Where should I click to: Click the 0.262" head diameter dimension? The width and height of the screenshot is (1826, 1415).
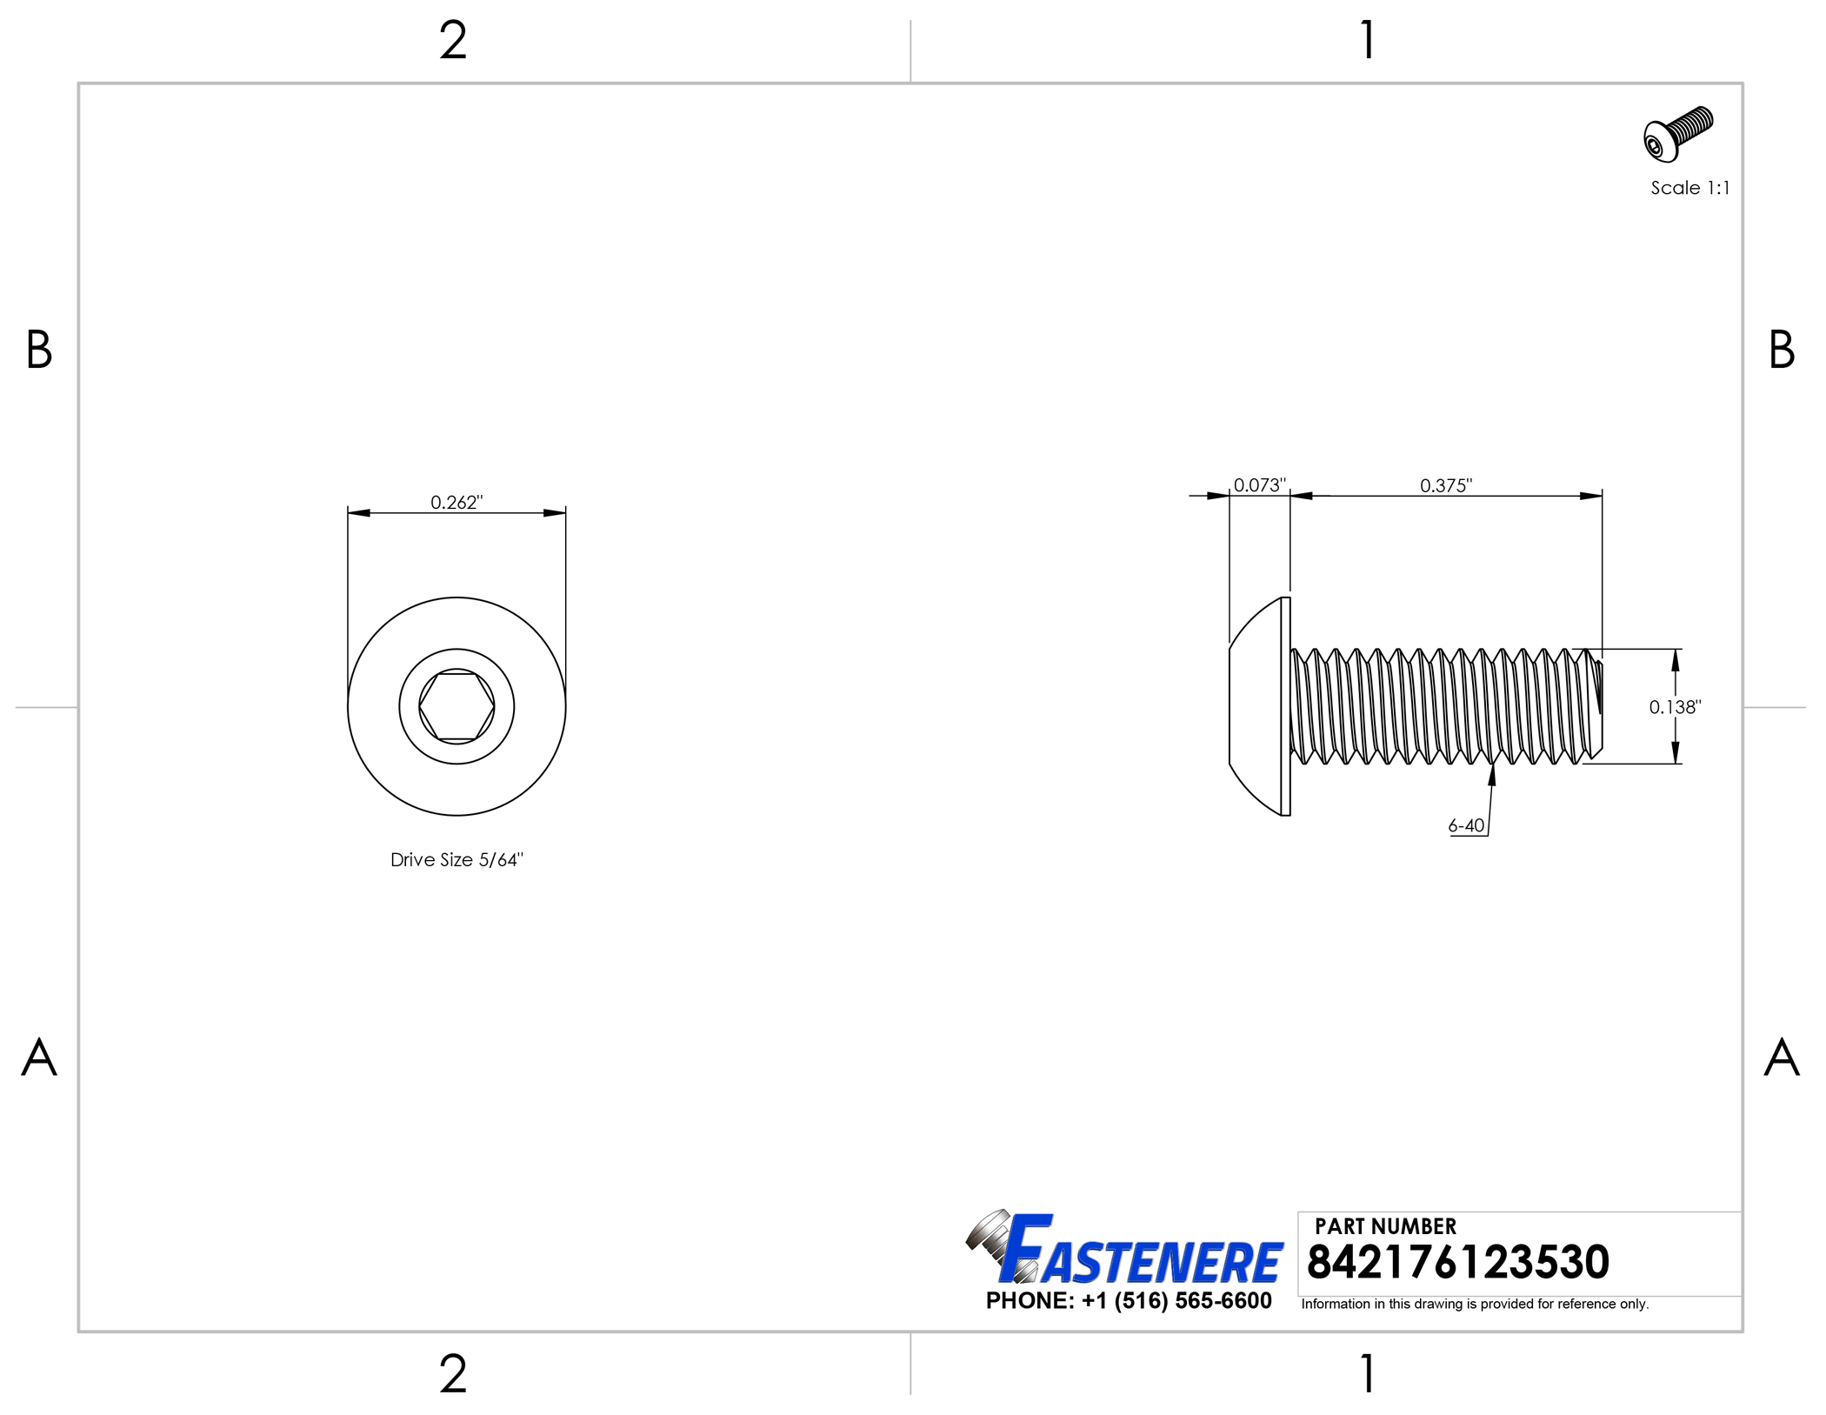pos(456,502)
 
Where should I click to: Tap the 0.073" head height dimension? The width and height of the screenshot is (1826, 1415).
pos(1259,484)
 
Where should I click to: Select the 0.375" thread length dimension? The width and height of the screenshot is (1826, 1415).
pos(1446,484)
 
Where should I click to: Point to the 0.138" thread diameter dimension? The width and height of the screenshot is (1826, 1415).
pos(1675,707)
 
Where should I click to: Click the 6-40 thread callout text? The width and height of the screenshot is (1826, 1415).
pos(1466,825)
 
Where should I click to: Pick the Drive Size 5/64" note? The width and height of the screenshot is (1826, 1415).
pos(456,859)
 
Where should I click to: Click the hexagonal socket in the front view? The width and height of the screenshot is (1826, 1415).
pos(456,706)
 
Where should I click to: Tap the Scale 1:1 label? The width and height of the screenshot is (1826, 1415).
pos(1689,188)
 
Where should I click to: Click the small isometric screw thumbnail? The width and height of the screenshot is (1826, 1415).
pos(1678,134)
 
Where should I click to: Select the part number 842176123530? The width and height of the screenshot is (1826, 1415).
pos(1457,1262)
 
